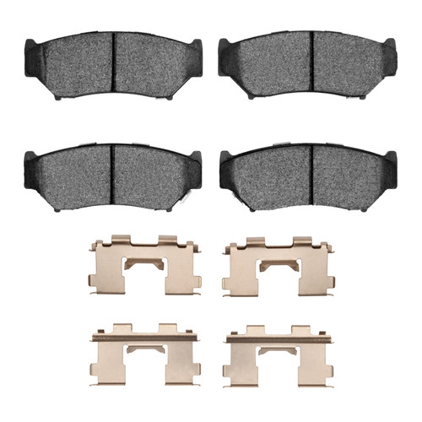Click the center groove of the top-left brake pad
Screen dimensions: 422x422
pyautogui.click(x=112, y=62)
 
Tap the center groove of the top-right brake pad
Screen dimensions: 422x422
pyautogui.click(x=311, y=62)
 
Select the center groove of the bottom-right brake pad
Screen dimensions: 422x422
pyautogui.click(x=311, y=174)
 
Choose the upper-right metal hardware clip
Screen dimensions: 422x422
pyautogui.click(x=279, y=266)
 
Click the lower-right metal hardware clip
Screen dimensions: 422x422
pyautogui.click(x=279, y=352)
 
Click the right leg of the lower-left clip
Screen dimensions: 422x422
pyautogui.click(x=184, y=363)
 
